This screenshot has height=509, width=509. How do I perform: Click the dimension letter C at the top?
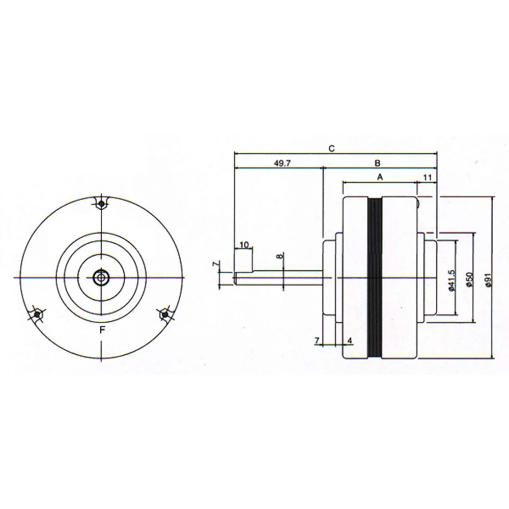pos(331,149)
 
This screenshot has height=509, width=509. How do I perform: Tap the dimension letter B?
pos(377,163)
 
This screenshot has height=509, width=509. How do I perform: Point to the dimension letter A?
pos(379,177)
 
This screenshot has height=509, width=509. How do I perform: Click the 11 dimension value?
pos(427,177)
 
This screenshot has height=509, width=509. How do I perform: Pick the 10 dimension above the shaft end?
pos(244,245)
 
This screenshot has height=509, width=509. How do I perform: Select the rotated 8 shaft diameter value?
pos(280,257)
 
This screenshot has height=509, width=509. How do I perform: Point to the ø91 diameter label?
pos(489,280)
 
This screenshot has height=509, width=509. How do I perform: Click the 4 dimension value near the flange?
pos(350,340)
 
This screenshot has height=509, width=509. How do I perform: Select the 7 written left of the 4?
pos(317,340)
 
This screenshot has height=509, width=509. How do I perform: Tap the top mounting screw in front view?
pos(102,204)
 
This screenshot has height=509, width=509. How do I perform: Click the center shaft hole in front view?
pos(102,277)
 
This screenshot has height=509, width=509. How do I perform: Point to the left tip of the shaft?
pos(235,278)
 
